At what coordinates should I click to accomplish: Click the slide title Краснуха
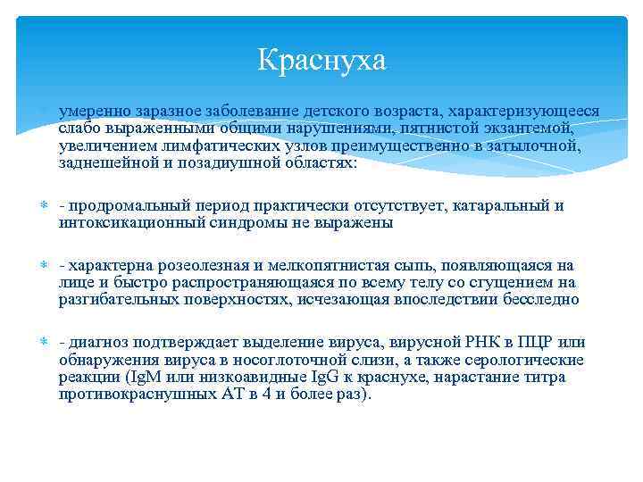click(321, 60)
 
